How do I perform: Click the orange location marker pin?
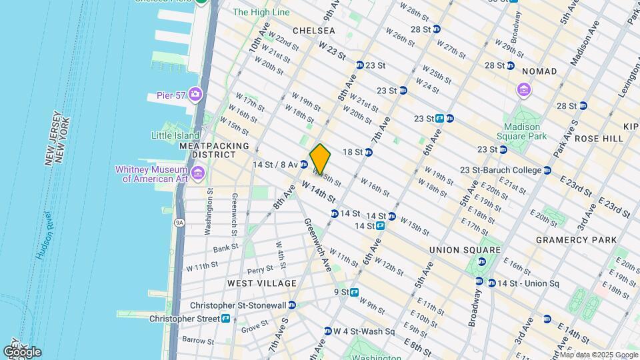click(320, 159)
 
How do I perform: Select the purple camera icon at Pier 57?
click(195, 93)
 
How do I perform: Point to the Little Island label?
click(175, 135)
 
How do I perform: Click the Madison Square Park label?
click(522, 132)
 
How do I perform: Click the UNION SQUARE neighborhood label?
click(464, 250)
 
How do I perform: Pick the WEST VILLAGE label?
click(261, 283)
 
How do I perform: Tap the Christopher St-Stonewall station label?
click(251, 305)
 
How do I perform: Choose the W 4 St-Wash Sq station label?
click(364, 331)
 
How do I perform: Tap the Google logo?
click(22, 352)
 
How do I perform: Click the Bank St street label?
click(221, 249)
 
